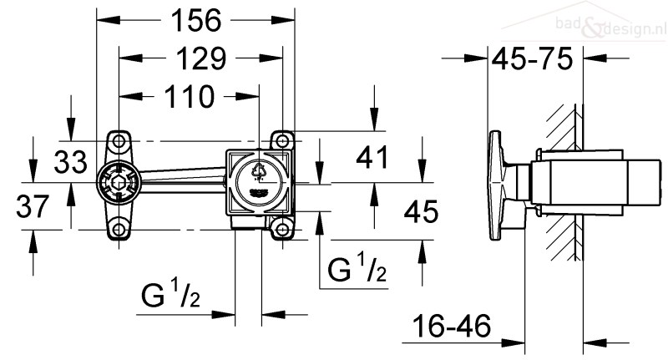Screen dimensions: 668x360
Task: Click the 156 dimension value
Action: (x=196, y=20)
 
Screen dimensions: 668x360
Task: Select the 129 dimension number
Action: (x=201, y=58)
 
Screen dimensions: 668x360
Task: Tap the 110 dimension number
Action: (x=190, y=97)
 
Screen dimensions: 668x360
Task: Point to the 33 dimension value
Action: (x=71, y=162)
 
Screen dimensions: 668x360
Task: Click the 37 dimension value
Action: (x=33, y=206)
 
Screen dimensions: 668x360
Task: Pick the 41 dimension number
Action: (x=372, y=157)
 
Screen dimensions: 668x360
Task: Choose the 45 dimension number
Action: (x=421, y=211)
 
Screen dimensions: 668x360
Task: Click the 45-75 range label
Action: (x=532, y=58)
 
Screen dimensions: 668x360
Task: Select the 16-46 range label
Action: (x=452, y=326)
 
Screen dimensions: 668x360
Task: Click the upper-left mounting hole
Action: (x=119, y=140)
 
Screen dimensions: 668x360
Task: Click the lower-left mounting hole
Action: (x=119, y=230)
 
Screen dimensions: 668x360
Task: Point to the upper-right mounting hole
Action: (x=282, y=140)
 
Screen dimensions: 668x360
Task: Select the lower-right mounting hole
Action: (x=282, y=230)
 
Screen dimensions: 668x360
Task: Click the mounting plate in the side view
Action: (x=496, y=185)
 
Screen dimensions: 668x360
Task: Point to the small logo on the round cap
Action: (x=259, y=192)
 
